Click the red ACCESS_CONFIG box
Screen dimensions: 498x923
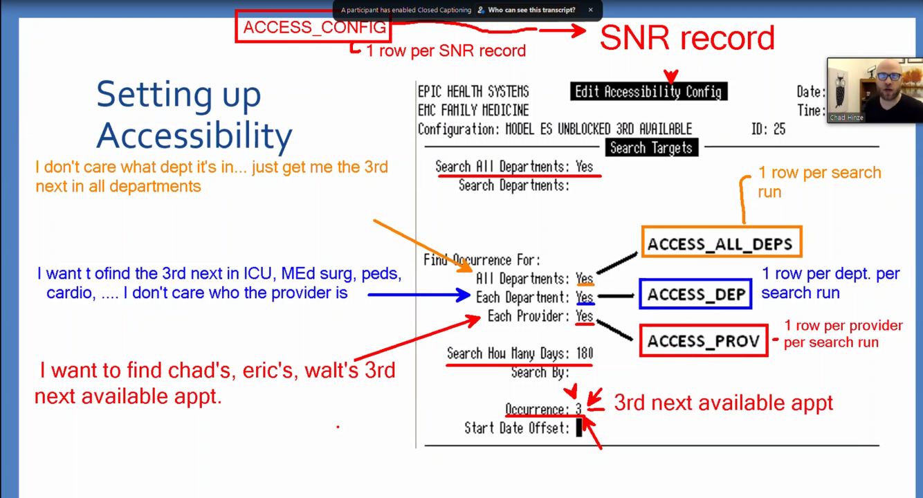[x=313, y=27]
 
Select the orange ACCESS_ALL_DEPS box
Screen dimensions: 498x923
[x=721, y=243]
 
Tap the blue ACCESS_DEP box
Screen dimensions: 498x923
[x=695, y=294]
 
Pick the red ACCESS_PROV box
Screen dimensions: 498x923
[x=703, y=340]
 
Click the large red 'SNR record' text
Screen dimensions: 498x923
[x=686, y=38]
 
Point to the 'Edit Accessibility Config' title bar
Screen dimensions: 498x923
[x=648, y=92]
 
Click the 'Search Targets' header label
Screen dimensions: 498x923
[x=651, y=148]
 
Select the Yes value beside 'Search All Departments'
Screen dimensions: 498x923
[x=584, y=167]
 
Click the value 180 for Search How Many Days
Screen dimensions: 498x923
[x=584, y=353]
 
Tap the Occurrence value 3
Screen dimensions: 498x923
[x=578, y=409]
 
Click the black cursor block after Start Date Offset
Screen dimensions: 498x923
[x=579, y=429]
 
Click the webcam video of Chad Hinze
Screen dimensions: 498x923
[x=875, y=89]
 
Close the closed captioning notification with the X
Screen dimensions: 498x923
[x=590, y=10]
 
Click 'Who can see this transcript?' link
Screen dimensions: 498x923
[x=531, y=10]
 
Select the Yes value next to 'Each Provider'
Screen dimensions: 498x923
[x=584, y=316]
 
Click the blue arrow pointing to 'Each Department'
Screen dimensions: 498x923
[x=419, y=295]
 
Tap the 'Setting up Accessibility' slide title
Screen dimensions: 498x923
[x=194, y=114]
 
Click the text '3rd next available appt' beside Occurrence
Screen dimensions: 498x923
[x=723, y=403]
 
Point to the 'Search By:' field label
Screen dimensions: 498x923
[x=540, y=372]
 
